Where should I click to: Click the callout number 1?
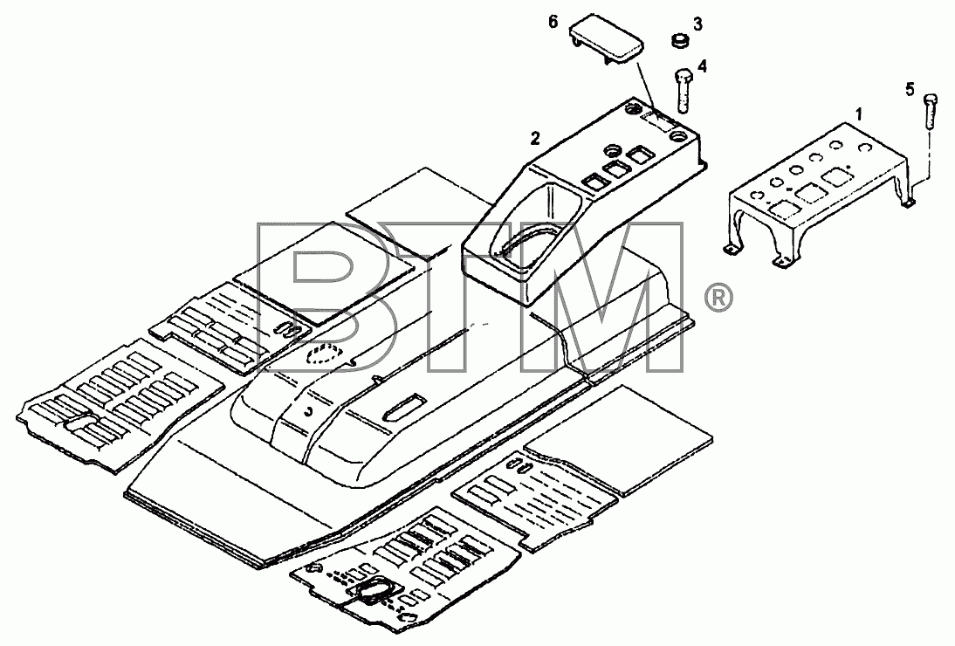pyautogui.click(x=859, y=113)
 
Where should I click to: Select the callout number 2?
pyautogui.click(x=535, y=139)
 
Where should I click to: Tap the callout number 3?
pyautogui.click(x=698, y=24)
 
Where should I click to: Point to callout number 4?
pyautogui.click(x=702, y=65)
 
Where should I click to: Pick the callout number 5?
pyautogui.click(x=910, y=90)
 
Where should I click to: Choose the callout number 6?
pyautogui.click(x=553, y=22)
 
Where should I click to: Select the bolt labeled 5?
pyautogui.click(x=930, y=111)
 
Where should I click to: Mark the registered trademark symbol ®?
pyautogui.click(x=718, y=298)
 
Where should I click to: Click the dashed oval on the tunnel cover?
pyautogui.click(x=325, y=354)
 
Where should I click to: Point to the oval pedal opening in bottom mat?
pyautogui.click(x=373, y=590)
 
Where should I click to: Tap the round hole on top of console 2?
pyautogui.click(x=611, y=149)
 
